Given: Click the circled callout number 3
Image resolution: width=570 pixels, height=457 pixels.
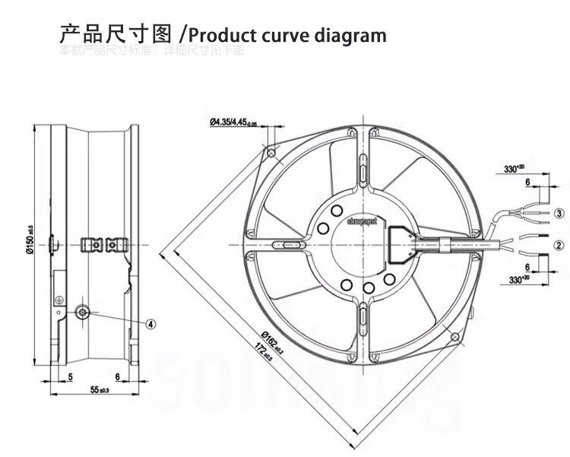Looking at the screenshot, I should (x=559, y=213).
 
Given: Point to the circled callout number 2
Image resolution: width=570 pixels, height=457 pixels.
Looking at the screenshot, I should (x=559, y=245).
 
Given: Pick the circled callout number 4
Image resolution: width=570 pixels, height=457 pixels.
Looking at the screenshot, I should (x=150, y=323).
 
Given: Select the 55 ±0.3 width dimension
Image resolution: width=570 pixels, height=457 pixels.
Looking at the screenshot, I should (x=100, y=390).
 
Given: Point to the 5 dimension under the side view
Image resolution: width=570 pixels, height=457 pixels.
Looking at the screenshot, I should (x=70, y=376).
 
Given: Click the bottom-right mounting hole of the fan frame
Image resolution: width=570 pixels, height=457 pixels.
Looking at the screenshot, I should (x=456, y=335).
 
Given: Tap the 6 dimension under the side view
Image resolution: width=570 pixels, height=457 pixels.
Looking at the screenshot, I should (x=118, y=376).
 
